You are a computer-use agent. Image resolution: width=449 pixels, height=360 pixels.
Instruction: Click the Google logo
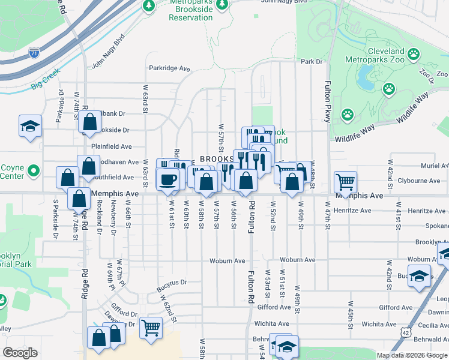20,353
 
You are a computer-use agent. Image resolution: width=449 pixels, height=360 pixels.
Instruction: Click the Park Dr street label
312,61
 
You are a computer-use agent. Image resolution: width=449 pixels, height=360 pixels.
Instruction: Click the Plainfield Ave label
111,146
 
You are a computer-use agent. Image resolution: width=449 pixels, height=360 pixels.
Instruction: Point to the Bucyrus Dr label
172,282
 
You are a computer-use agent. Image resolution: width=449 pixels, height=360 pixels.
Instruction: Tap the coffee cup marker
168,179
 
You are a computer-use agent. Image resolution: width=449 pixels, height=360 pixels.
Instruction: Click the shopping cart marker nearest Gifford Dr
151,328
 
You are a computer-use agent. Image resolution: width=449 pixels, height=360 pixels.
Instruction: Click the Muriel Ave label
435,165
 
